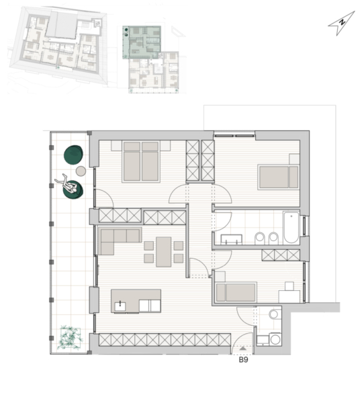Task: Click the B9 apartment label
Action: click(x=243, y=359)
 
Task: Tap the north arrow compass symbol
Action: click(x=341, y=23)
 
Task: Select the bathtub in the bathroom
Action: click(x=291, y=228)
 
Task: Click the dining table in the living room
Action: click(x=164, y=252)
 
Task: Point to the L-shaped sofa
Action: click(x=113, y=238)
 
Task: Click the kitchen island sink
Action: click(x=120, y=306)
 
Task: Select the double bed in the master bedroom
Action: click(x=141, y=161)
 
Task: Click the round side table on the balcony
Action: click(x=81, y=171)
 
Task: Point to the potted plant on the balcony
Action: click(x=70, y=338)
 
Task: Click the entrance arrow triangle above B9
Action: click(x=243, y=349)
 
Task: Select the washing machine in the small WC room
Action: click(x=275, y=339)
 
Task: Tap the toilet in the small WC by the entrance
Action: click(x=274, y=314)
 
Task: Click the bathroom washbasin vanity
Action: click(x=232, y=239)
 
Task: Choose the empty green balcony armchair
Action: click(x=73, y=154)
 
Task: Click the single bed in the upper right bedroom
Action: click(x=279, y=177)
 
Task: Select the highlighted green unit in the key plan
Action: click(x=142, y=42)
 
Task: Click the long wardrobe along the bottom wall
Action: click(x=165, y=339)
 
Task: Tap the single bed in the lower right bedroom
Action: click(x=236, y=292)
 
